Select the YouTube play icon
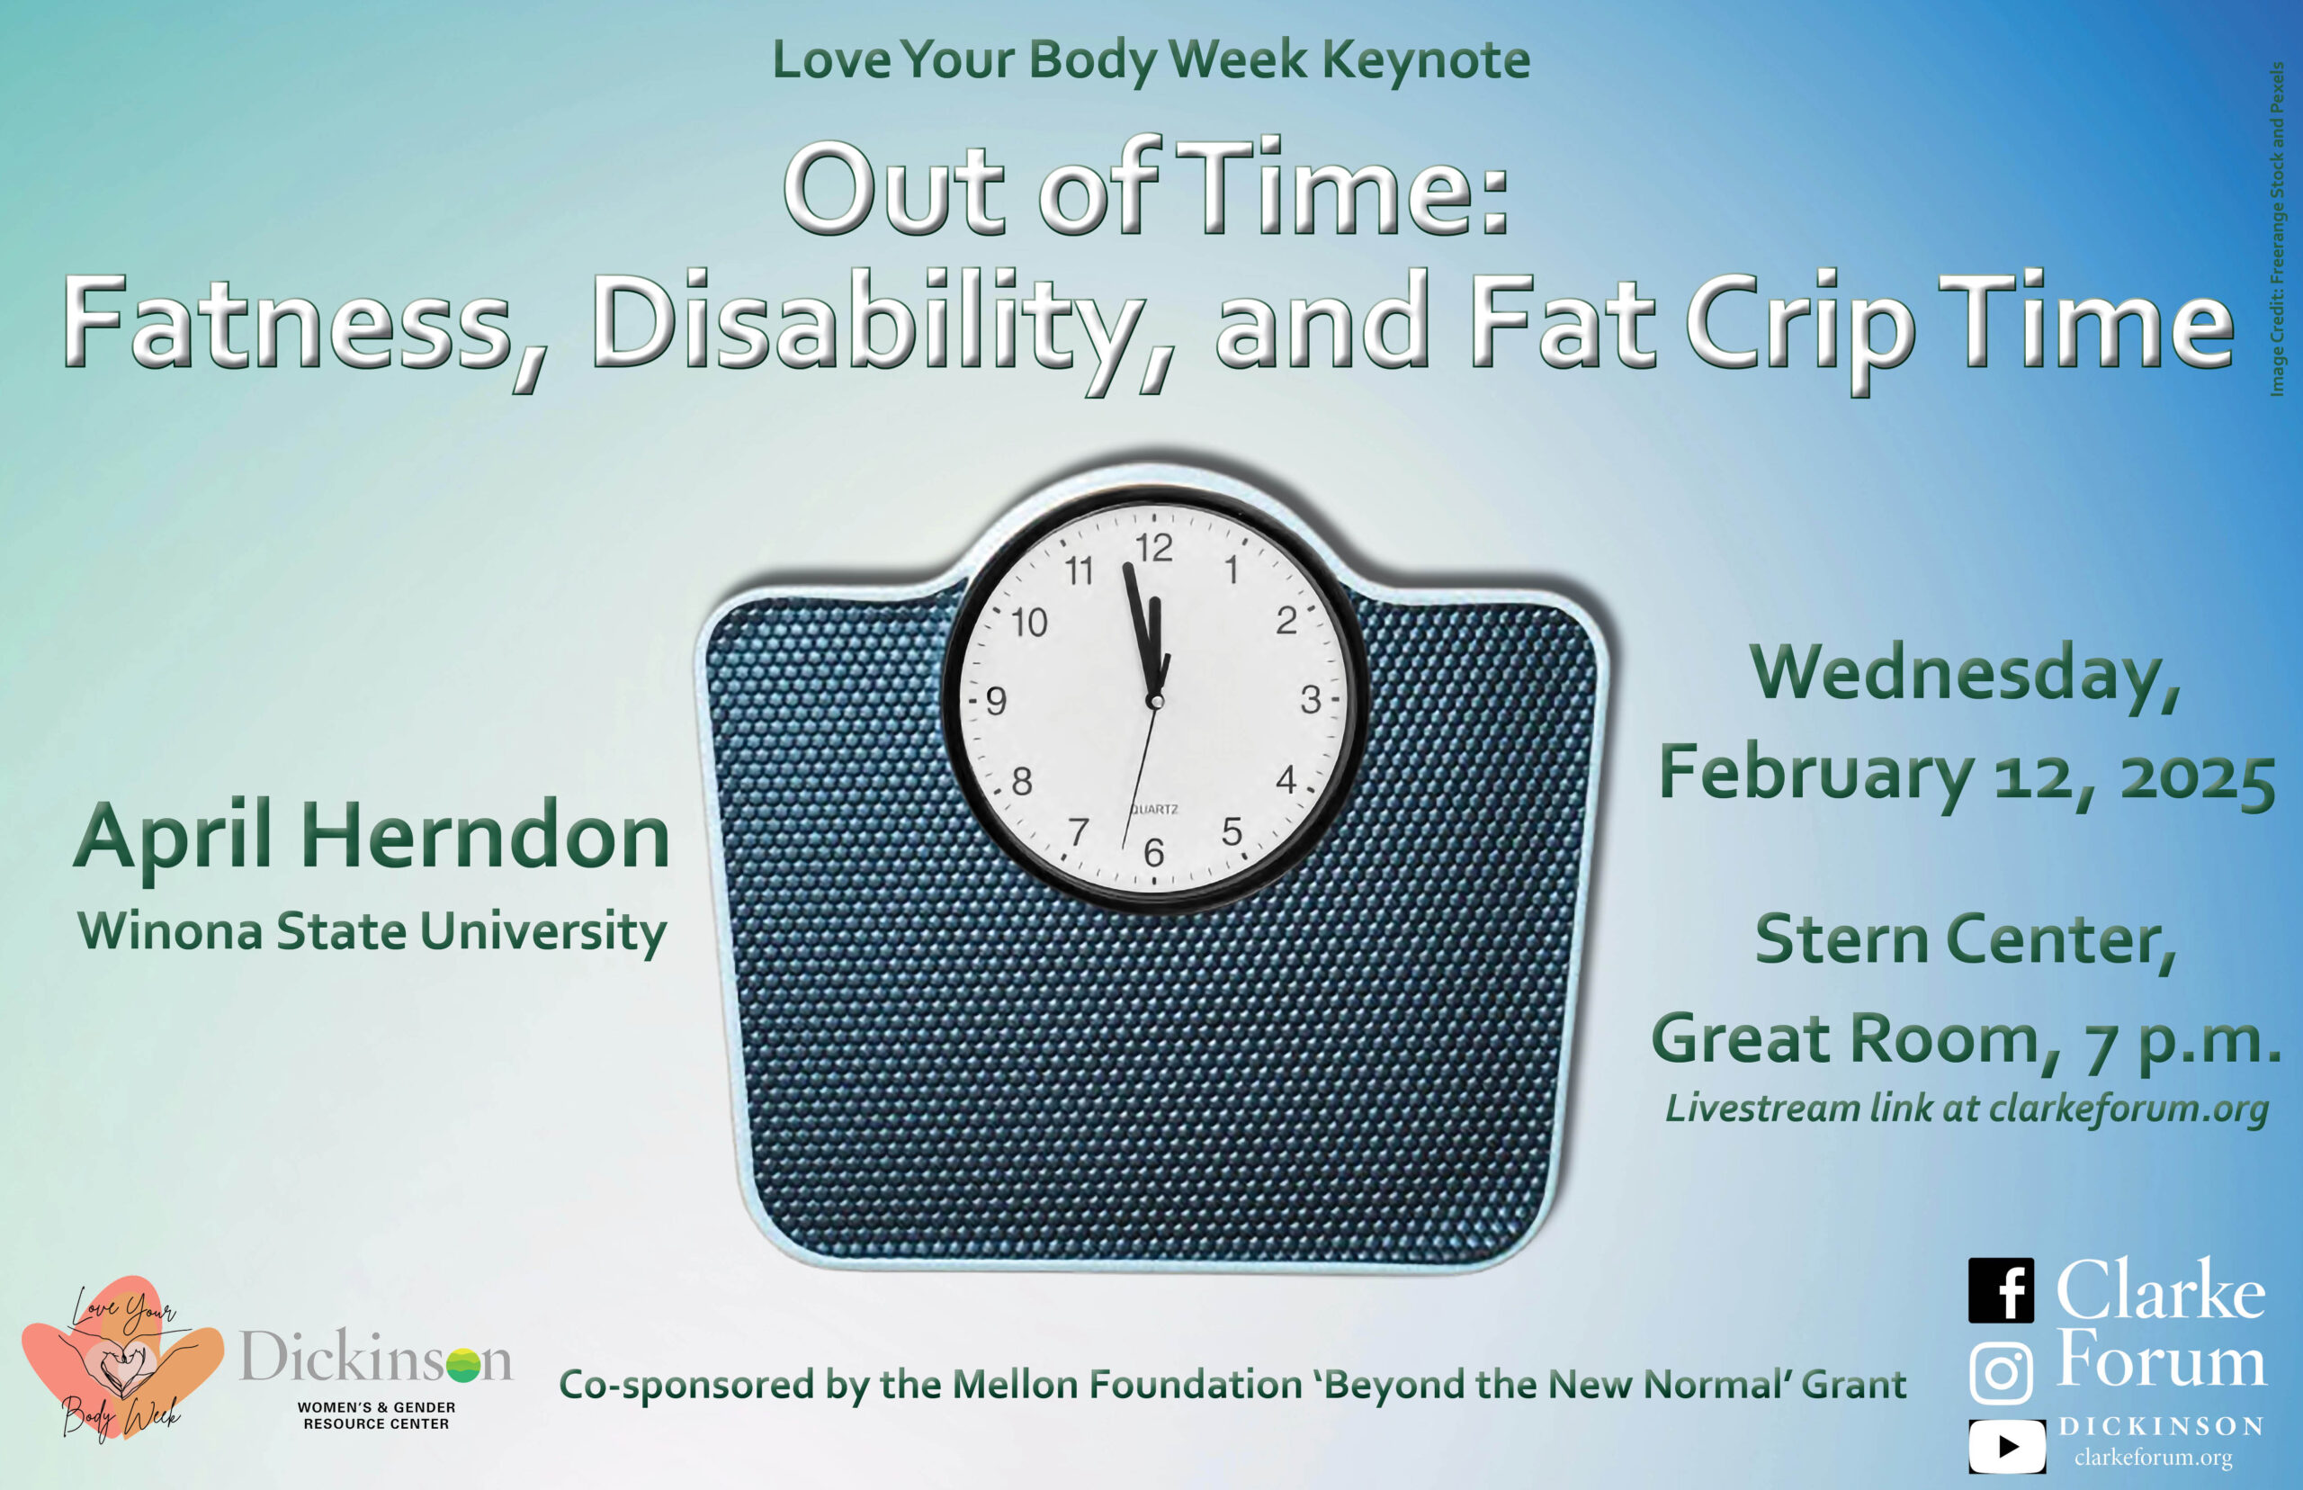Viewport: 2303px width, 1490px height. tap(2007, 1447)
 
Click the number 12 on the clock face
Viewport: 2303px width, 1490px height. tap(1154, 549)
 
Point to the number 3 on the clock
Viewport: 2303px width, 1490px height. tap(1311, 699)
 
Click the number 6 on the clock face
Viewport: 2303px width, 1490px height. tap(1154, 852)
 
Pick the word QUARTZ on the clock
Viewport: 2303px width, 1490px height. tap(1155, 809)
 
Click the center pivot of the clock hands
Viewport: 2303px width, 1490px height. tap(1155, 699)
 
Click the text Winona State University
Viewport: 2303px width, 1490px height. tap(372, 933)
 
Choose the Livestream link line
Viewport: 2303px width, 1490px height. tap(1967, 1109)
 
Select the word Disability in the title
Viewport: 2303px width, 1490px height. tap(863, 326)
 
